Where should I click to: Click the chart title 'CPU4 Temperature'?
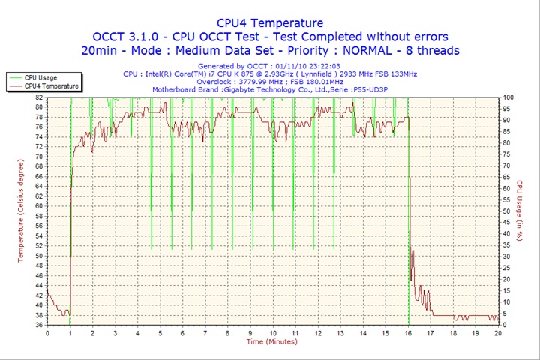(270, 22)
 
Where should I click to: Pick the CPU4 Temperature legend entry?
(51, 86)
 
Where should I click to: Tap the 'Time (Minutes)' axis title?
(271, 342)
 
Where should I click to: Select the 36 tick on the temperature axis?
(39, 325)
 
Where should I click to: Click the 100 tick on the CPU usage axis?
(508, 97)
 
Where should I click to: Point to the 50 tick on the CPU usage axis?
(507, 211)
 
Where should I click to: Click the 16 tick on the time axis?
(408, 332)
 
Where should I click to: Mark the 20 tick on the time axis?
(498, 332)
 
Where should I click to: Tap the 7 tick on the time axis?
(205, 332)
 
